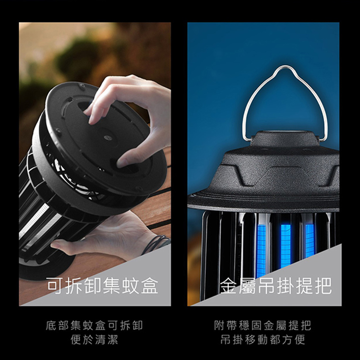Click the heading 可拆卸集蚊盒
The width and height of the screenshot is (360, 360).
pos(103,286)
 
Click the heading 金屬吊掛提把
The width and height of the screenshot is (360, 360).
pos(276,286)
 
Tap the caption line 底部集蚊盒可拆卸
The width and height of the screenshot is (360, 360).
pos(94,326)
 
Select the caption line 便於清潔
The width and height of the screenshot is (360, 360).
pos(94,339)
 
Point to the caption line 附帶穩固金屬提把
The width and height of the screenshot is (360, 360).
pos(263,326)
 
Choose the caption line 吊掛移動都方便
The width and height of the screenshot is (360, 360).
pos(263,339)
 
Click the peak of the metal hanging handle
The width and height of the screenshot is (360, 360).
pos(283,67)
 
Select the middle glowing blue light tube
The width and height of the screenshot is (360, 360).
pos(286,246)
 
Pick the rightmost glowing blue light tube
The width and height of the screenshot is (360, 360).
pos(309,241)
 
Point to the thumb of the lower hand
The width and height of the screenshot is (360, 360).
pos(60,244)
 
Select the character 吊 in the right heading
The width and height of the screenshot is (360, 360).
pos(267,286)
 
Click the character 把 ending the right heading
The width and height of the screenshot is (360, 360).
pos(323,286)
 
